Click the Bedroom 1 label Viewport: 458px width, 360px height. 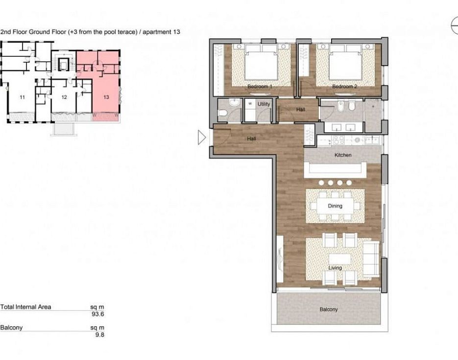coord(260,86)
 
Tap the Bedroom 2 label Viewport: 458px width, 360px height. coord(345,86)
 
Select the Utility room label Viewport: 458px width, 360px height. coord(264,104)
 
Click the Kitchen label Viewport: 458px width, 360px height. coord(343,155)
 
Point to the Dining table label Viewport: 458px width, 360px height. coord(335,206)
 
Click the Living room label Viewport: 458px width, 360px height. coord(335,268)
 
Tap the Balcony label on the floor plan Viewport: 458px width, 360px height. coord(329,309)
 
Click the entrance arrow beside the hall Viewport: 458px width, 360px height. coord(201,138)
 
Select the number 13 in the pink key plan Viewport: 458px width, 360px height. coord(106,97)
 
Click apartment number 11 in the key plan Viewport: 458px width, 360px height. coord(22,97)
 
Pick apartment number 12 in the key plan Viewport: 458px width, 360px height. coord(64,97)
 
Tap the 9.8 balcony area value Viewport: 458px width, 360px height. coord(99,335)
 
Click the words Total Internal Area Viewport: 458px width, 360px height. coord(25,307)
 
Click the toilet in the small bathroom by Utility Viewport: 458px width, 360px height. coord(222,113)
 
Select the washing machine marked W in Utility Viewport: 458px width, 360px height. coord(250,104)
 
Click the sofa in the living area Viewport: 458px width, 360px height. coord(371,259)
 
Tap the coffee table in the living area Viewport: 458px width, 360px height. coord(339,259)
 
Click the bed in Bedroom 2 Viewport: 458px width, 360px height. coord(345,62)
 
